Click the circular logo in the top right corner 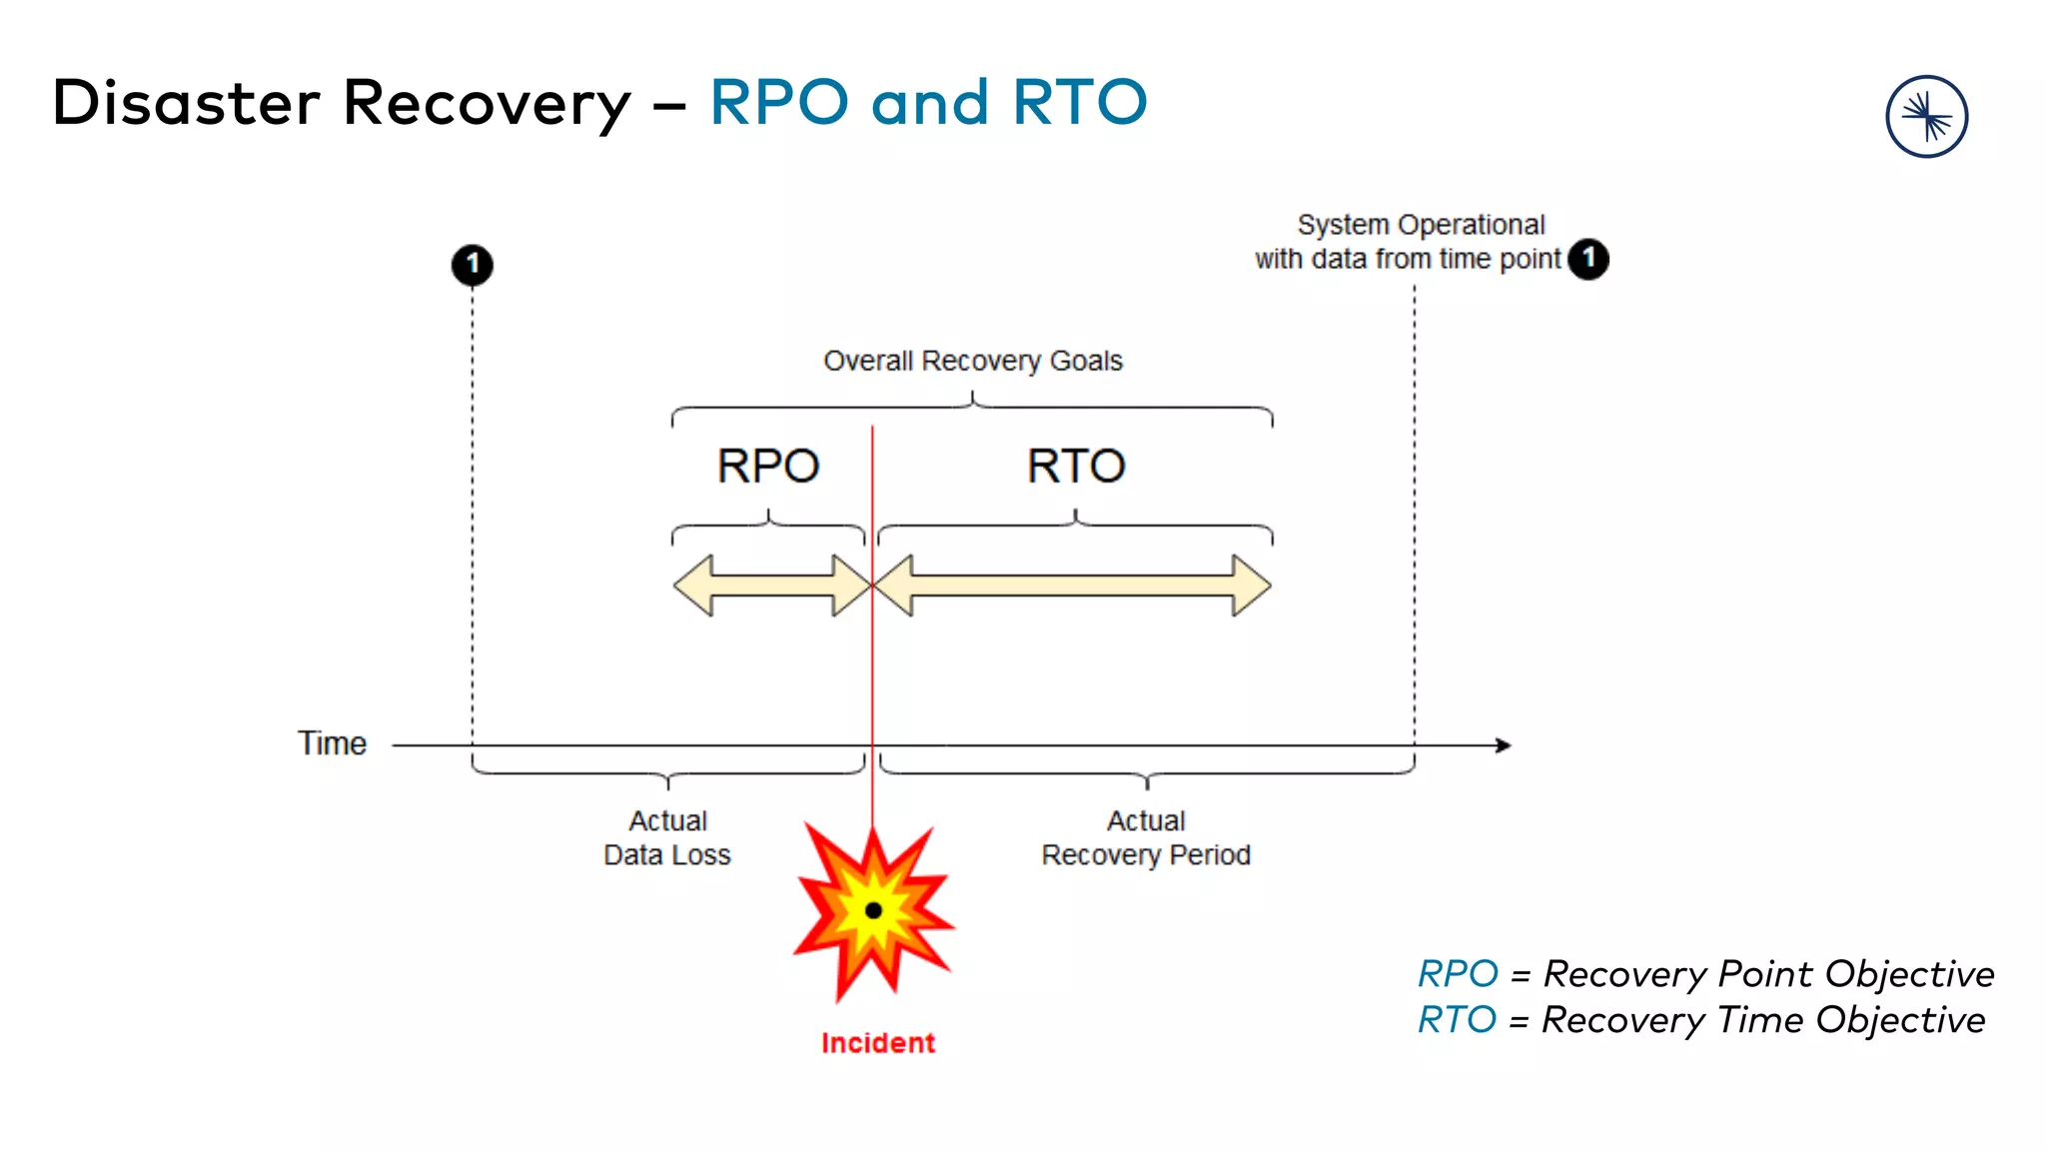pos(1926,117)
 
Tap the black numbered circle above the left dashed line pos(473,265)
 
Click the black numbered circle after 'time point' pos(1588,259)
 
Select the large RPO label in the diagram pos(768,467)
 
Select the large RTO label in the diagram pos(1076,467)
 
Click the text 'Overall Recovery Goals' pos(972,361)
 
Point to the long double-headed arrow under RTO pos(1073,585)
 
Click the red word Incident pos(877,1043)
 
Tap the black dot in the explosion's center pos(873,910)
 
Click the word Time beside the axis pos(332,743)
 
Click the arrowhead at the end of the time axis pos(1504,745)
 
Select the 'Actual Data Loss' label pos(667,838)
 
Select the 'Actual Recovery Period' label pos(1146,838)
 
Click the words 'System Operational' pos(1421,225)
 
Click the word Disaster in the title pos(186,103)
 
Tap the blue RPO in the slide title pos(778,103)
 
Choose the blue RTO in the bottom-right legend pos(1457,1020)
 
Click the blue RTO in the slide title pos(1079,103)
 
